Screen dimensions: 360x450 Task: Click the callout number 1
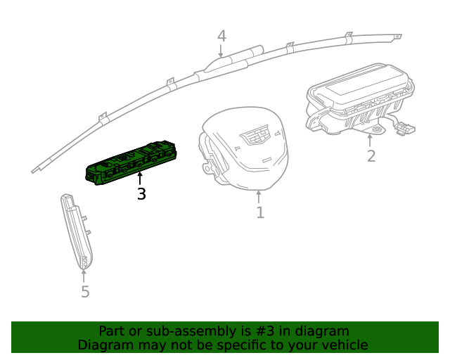point(260,212)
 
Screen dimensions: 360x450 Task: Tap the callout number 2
point(371,156)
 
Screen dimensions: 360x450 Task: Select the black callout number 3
point(141,194)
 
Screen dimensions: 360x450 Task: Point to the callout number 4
point(221,36)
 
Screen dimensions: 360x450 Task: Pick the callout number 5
point(85,292)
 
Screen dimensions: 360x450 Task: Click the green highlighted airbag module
point(132,165)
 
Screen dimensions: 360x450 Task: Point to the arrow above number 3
point(141,178)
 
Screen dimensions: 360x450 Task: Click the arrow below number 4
point(221,51)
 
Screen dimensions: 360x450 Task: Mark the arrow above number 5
point(84,275)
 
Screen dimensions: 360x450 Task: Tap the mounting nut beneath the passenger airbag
point(378,129)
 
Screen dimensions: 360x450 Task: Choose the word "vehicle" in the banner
point(344,345)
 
